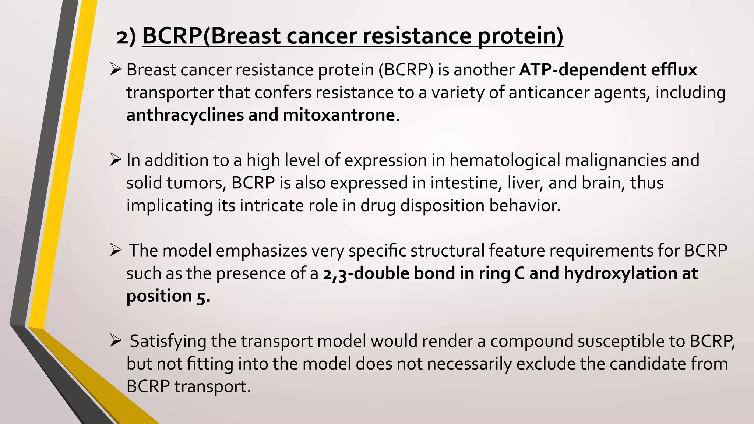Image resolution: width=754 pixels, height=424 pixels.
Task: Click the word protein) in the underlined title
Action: point(521,36)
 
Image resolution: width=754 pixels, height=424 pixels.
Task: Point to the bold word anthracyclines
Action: point(185,115)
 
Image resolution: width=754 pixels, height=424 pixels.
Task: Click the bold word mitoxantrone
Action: point(339,115)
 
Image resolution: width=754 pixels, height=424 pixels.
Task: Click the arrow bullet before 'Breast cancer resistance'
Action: point(116,69)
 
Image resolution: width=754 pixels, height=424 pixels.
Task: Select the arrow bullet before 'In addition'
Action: point(116,160)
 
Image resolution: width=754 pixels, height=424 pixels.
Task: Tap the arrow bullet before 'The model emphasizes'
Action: point(116,250)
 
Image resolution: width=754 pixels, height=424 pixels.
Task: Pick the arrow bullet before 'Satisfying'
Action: point(116,341)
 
